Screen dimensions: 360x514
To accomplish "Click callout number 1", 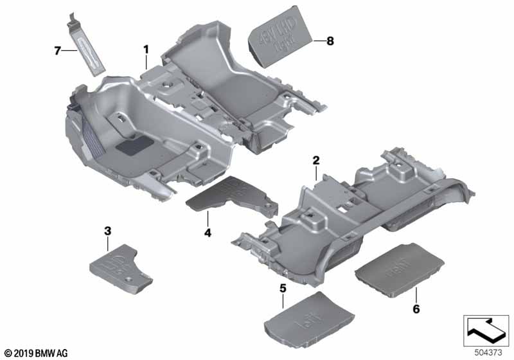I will (146, 49).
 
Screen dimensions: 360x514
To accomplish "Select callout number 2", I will (315, 159).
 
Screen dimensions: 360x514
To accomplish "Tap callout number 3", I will (107, 230).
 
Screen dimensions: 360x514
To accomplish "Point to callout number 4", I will (208, 231).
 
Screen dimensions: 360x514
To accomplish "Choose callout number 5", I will (283, 289).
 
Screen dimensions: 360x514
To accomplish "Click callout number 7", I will (57, 50).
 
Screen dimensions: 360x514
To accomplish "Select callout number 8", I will (330, 40).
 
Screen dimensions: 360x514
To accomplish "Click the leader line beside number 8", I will (319, 40).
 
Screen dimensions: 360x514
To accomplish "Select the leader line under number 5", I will (283, 302).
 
